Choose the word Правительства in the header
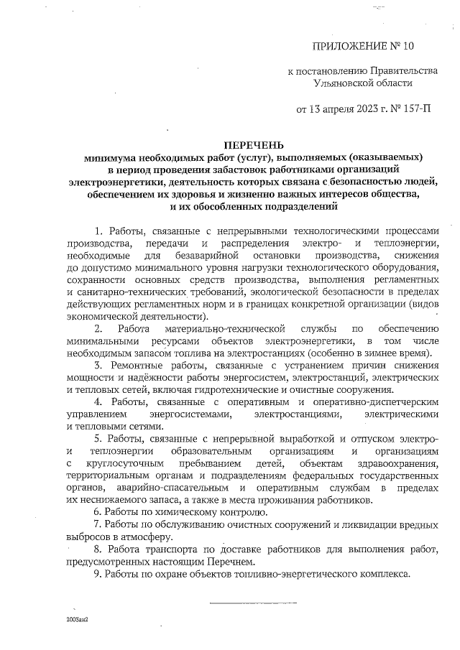401,71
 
